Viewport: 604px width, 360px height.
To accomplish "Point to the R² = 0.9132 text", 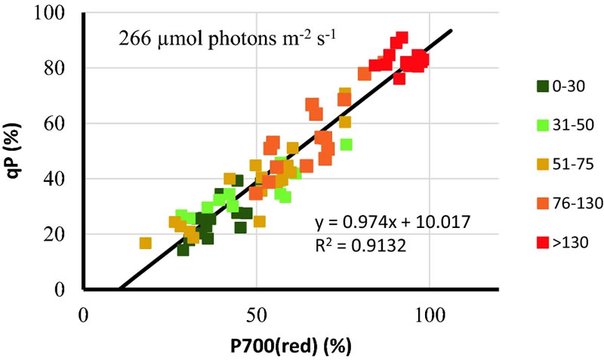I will coord(361,245).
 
